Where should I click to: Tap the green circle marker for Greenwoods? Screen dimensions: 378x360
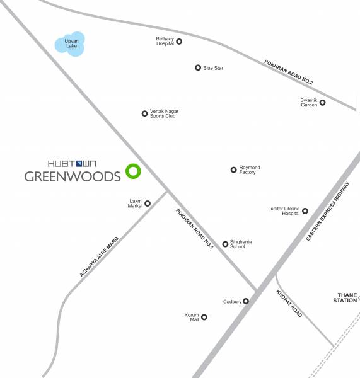coord(132,170)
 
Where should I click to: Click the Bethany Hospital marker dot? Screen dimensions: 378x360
coord(179,42)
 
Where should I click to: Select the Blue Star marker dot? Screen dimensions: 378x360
coord(198,68)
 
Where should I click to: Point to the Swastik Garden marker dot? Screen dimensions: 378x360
coord(322,103)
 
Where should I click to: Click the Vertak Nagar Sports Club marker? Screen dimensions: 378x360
coord(144,114)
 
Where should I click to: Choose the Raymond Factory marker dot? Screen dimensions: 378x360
coord(233,169)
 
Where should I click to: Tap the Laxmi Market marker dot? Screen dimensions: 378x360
coord(148,203)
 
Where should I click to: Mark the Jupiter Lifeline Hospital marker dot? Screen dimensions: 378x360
coord(305,211)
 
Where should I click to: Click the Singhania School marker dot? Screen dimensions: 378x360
coord(225,244)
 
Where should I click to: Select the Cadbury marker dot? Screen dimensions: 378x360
coord(246,301)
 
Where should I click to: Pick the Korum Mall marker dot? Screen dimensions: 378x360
coord(204,318)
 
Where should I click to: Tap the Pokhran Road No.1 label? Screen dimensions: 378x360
coord(195,230)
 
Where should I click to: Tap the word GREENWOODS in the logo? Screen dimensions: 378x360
coord(72,176)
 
